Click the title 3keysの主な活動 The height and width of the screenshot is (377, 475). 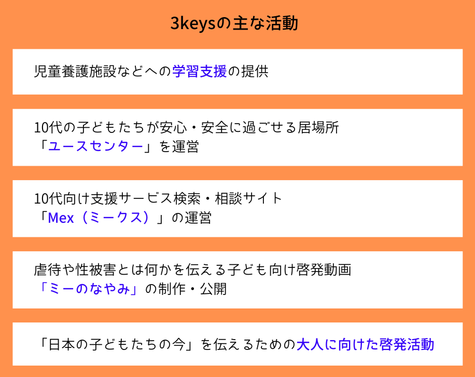pos(234,23)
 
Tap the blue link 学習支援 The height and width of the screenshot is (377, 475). pos(200,72)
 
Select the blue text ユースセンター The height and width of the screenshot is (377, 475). pos(96,146)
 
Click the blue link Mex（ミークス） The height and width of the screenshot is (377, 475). pos(99,218)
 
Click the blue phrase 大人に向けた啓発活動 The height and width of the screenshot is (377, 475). pos(366,345)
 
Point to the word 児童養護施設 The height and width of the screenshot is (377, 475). pos(75,72)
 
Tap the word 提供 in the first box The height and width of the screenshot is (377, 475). pos(255,72)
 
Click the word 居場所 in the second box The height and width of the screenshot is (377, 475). pos(318,128)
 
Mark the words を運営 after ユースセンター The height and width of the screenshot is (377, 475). pos(179,146)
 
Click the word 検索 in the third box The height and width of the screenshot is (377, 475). pos(187,199)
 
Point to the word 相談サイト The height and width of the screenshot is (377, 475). pos(249,199)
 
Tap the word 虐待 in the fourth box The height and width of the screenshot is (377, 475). pos(48,270)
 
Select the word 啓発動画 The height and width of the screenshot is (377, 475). pos(324,270)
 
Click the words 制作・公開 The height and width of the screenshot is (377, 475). pos(192,289)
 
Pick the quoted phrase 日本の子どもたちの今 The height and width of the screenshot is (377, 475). pos(117,345)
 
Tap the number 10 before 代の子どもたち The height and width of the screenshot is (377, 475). pos(41,128)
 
